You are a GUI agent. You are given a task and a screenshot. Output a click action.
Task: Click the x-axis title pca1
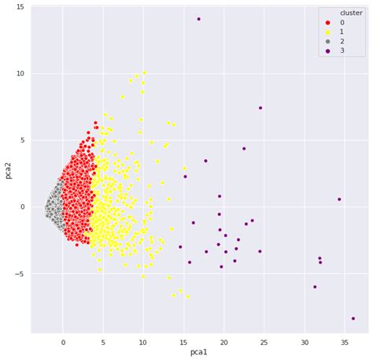[199, 352]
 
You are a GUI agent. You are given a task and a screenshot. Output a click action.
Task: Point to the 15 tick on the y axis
[20, 7]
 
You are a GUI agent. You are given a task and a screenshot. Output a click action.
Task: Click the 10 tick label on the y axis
[20, 74]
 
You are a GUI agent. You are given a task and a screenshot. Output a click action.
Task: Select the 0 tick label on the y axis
[23, 207]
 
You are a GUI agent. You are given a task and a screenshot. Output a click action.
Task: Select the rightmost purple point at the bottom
[353, 318]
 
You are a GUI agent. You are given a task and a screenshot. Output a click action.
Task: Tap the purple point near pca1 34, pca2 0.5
[339, 199]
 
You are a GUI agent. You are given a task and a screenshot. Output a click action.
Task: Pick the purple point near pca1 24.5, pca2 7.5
[260, 108]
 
